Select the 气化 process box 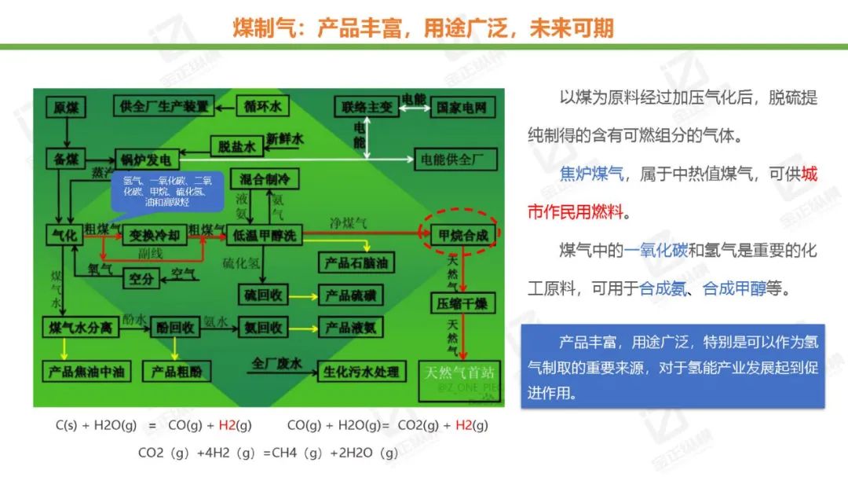point(62,235)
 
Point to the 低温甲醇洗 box point(264,235)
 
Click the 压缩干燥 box point(462,303)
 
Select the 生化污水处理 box point(360,371)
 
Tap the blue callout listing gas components point(163,191)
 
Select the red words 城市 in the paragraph point(808,174)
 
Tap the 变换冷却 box point(155,235)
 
